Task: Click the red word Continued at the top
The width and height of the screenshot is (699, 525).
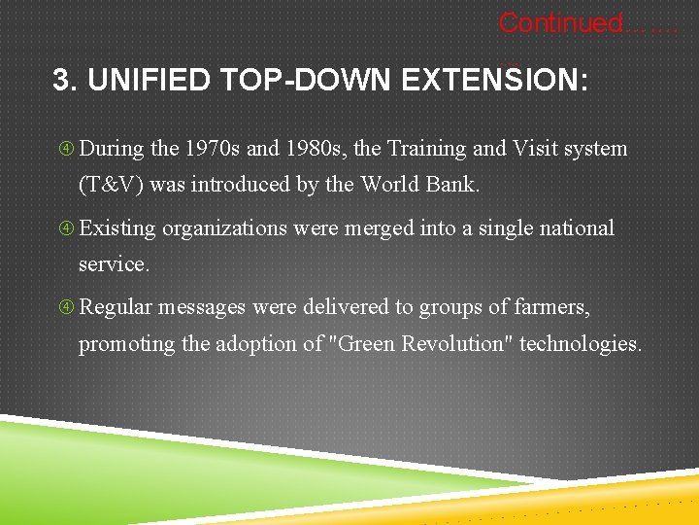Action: pyautogui.click(x=559, y=22)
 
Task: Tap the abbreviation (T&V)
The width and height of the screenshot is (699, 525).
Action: pyautogui.click(x=112, y=185)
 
